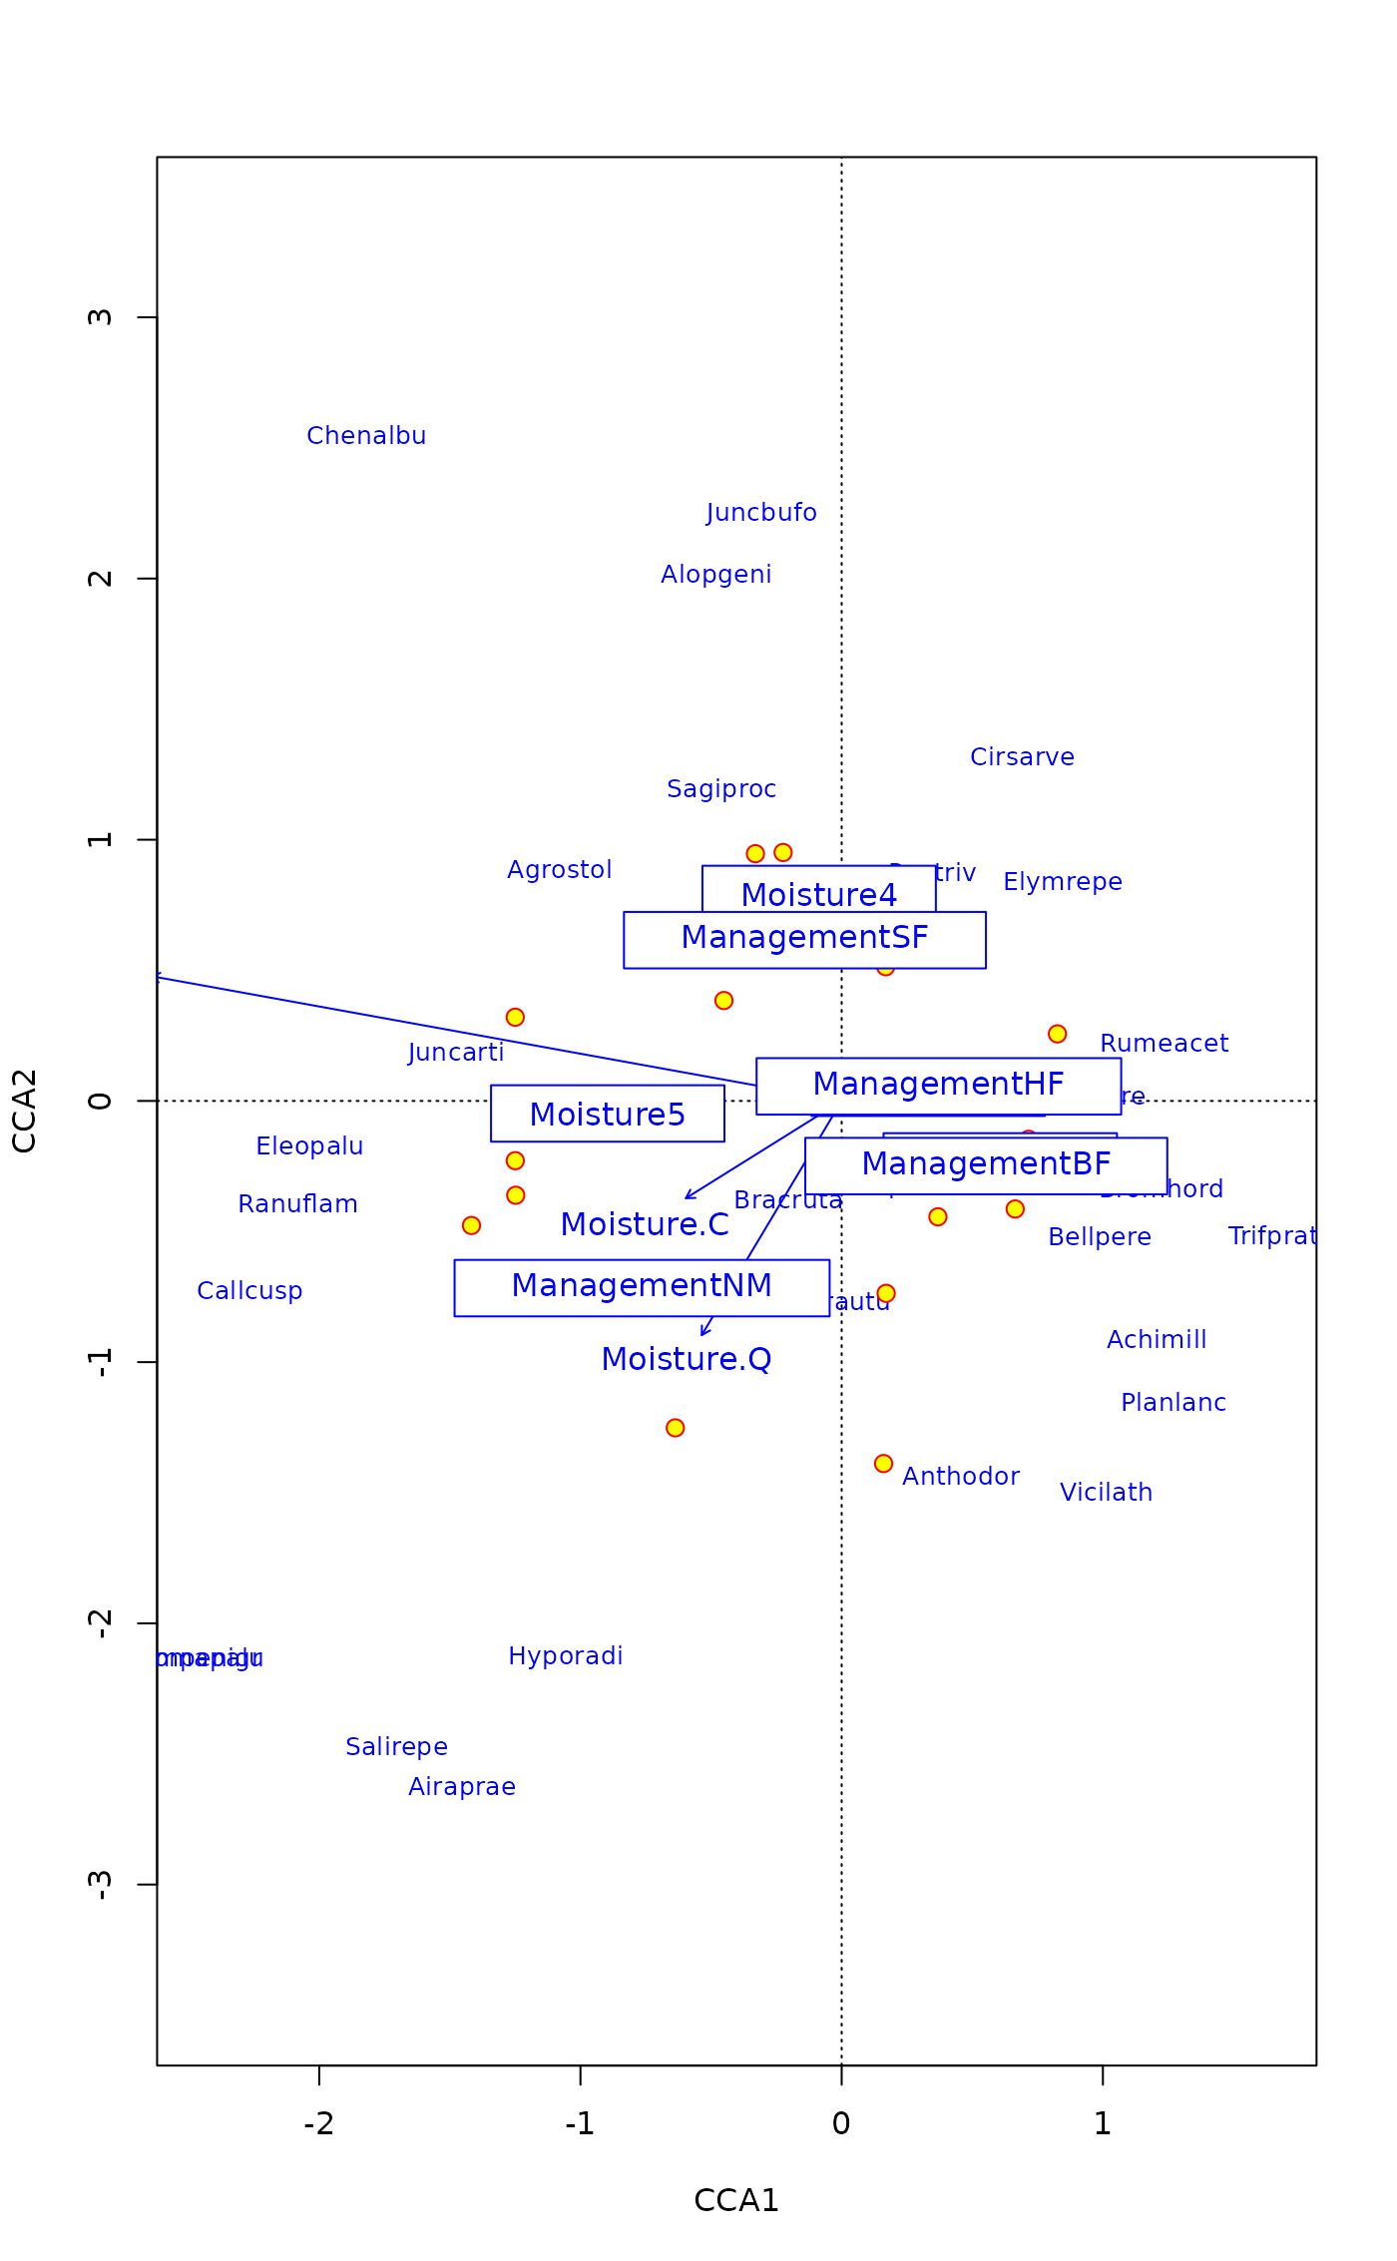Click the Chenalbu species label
coord(366,436)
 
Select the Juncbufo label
coord(761,513)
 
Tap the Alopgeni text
coord(715,575)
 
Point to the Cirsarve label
coord(1022,757)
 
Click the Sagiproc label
coord(721,789)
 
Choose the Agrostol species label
coord(559,870)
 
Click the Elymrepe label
coord(1063,882)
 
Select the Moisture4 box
coord(818,890)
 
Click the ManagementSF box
coord(804,939)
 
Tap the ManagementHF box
coord(938,1086)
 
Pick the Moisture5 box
coord(607,1114)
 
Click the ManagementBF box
coord(986,1165)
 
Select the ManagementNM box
coord(642,1287)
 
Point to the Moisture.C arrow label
coord(645,1224)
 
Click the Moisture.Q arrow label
coord(687,1359)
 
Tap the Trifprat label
coord(1272,1236)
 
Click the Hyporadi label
coord(566,1656)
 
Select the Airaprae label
coord(462,1787)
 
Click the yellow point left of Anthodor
coord(883,1464)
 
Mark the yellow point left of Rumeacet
coord(1057,1034)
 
